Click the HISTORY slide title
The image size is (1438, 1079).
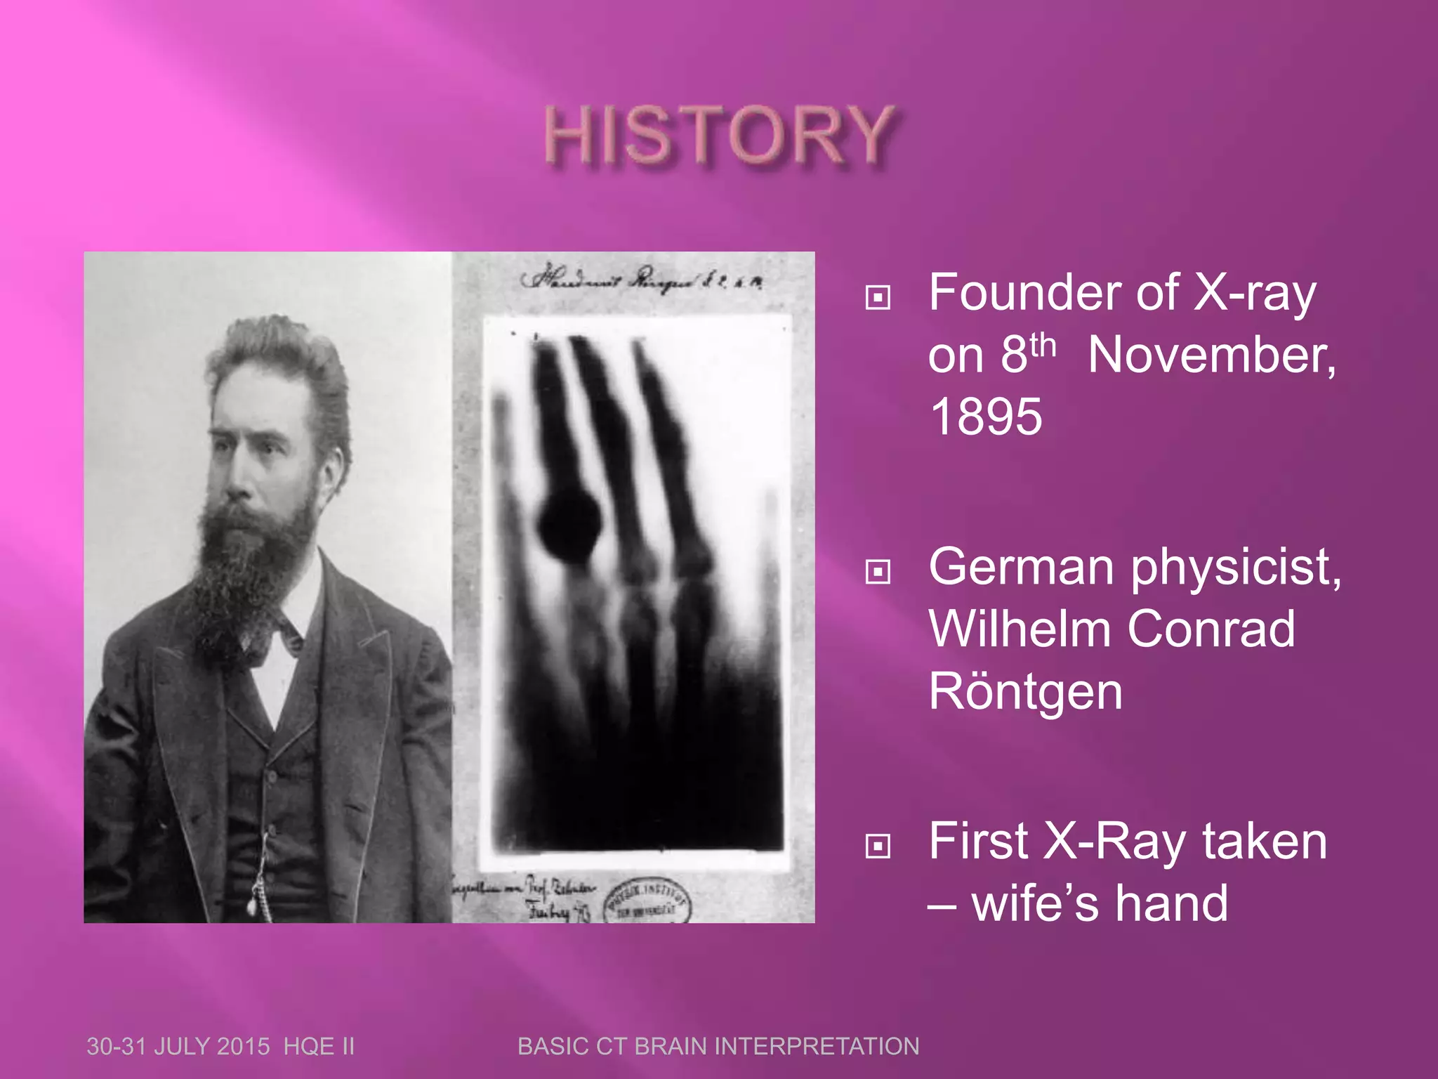click(719, 136)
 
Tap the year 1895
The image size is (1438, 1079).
click(986, 417)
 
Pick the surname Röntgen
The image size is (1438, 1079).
click(1025, 692)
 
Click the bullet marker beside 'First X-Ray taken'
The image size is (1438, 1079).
click(878, 845)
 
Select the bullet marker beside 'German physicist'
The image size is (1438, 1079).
click(878, 571)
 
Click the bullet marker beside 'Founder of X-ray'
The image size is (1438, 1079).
click(878, 297)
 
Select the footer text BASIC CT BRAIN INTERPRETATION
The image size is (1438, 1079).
click(718, 1046)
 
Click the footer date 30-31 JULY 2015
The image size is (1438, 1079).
click(178, 1046)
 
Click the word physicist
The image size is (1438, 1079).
click(1236, 568)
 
